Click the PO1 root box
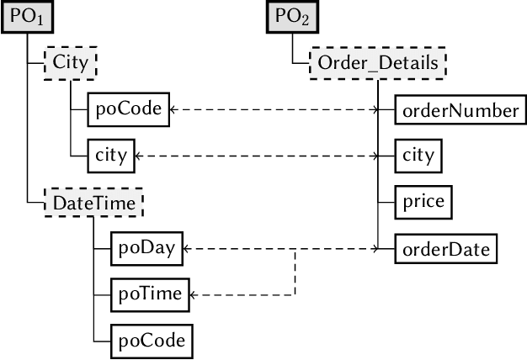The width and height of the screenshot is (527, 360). (26, 17)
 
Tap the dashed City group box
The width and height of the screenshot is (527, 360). (71, 63)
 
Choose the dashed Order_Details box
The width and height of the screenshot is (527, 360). (378, 63)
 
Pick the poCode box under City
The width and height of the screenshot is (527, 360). (129, 109)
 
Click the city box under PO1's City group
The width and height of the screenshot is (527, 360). (111, 156)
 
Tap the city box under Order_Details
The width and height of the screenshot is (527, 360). (418, 156)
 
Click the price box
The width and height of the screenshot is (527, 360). (423, 202)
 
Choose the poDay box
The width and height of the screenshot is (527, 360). (147, 248)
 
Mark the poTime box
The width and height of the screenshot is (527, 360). (150, 294)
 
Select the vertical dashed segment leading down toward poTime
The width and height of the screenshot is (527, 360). (295, 272)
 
